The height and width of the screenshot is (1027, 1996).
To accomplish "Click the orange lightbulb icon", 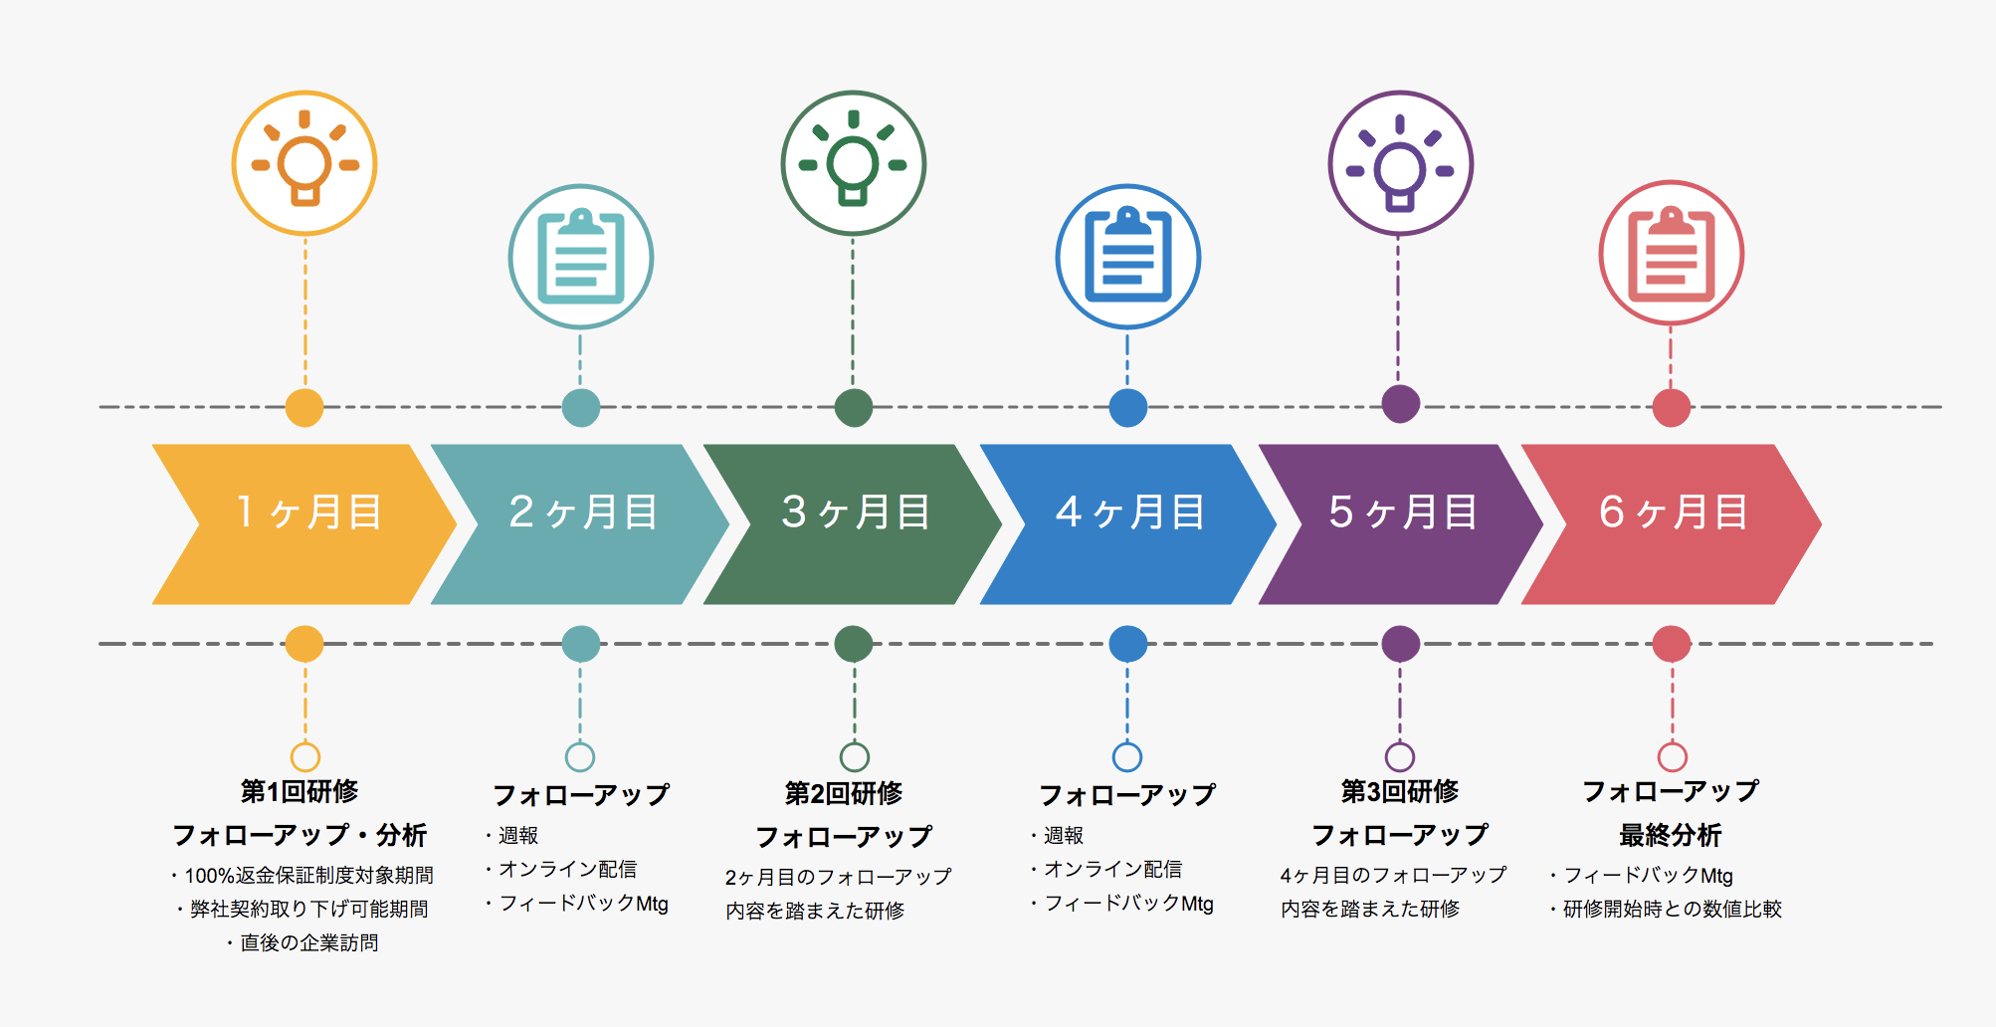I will pyautogui.click(x=304, y=163).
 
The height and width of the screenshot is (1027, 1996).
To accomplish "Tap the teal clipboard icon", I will pyautogui.click(x=581, y=257).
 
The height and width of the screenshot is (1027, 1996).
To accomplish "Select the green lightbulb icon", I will pyautogui.click(x=854, y=163).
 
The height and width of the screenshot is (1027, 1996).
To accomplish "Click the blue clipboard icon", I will pyautogui.click(x=1128, y=257).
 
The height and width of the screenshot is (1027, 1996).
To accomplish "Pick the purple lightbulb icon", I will pyautogui.click(x=1400, y=163).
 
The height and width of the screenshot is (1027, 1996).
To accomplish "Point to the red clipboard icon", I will pyautogui.click(x=1672, y=254).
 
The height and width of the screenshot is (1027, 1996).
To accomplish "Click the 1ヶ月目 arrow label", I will pyautogui.click(x=308, y=513).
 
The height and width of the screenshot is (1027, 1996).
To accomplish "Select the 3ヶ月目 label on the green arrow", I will pyautogui.click(x=856, y=513).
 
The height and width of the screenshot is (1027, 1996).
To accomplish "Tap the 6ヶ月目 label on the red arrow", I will pyautogui.click(x=1674, y=513).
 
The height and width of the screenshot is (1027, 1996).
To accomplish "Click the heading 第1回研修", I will pyautogui.click(x=299, y=792).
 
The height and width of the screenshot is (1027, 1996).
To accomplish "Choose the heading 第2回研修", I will pyautogui.click(x=844, y=794).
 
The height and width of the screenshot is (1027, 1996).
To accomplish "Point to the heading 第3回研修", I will pyautogui.click(x=1400, y=792).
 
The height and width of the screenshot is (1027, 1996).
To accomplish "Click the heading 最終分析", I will pyautogui.click(x=1671, y=836).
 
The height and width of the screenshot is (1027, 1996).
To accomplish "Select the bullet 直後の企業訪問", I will pyautogui.click(x=308, y=943).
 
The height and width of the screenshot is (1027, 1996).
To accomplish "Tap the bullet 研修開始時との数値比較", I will pyautogui.click(x=1672, y=910).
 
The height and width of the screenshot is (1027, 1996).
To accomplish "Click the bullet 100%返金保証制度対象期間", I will pyautogui.click(x=308, y=876).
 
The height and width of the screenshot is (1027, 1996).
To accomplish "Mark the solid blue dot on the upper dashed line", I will pyautogui.click(x=1128, y=407).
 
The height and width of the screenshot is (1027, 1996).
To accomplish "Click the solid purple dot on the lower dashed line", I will pyautogui.click(x=1400, y=644).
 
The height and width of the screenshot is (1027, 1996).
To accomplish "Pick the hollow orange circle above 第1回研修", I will pyautogui.click(x=305, y=757).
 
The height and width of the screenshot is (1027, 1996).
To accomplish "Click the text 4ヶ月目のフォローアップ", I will pyautogui.click(x=1393, y=876).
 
